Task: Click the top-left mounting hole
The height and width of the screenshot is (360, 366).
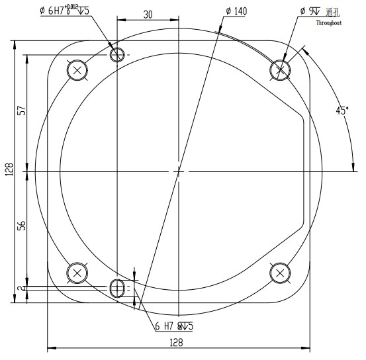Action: tap(78, 70)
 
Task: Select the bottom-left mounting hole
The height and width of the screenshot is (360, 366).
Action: tap(78, 273)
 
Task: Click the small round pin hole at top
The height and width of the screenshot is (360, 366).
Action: tap(117, 54)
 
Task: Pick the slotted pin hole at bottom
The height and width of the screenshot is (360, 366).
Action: tap(117, 287)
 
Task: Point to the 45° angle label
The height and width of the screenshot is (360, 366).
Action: tap(342, 111)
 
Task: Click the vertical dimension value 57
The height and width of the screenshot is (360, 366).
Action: tap(21, 111)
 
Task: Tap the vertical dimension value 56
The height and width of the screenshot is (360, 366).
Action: tap(21, 225)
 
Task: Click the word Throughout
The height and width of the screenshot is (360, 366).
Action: tap(328, 22)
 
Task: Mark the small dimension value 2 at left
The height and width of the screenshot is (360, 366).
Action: tap(21, 288)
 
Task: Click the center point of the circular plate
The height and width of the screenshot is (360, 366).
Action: tap(178, 171)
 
